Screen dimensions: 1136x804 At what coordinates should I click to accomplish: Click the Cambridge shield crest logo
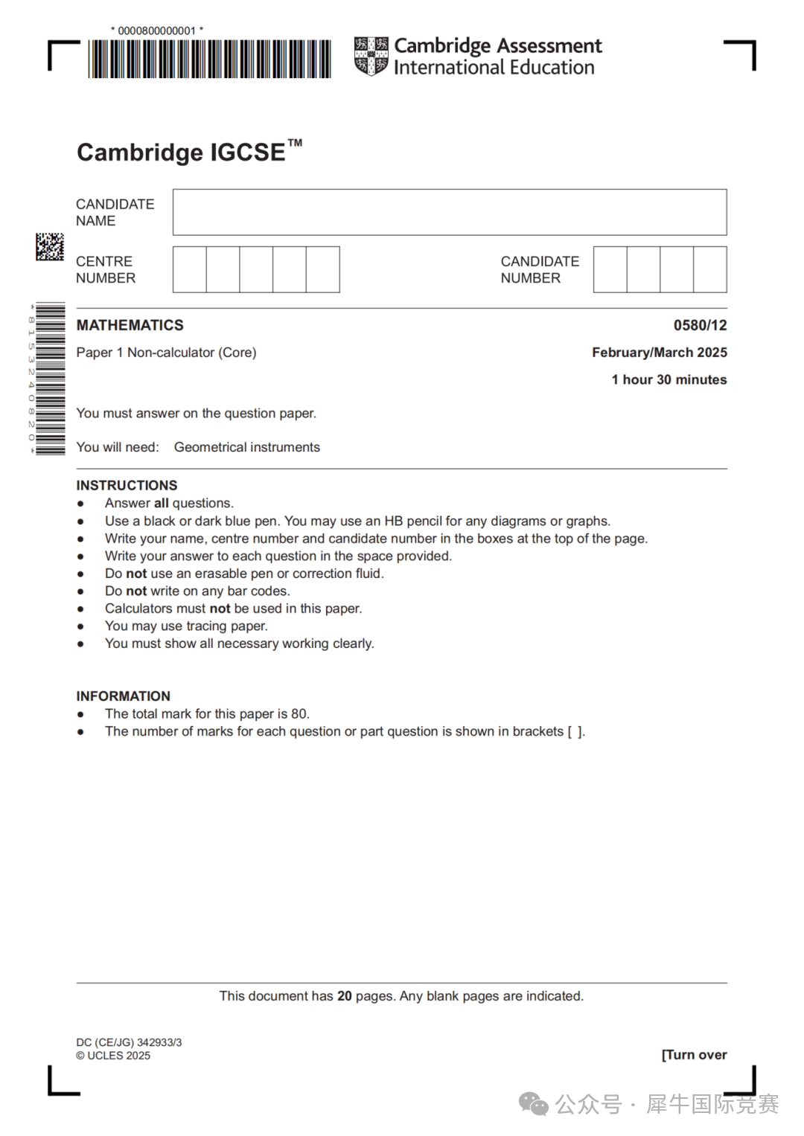click(371, 56)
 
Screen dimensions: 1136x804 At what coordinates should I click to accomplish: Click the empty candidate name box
click(450, 212)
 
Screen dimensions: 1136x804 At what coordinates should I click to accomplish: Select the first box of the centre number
click(190, 269)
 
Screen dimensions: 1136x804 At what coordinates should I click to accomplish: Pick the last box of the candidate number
click(709, 269)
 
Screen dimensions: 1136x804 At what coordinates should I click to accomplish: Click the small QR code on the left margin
click(50, 247)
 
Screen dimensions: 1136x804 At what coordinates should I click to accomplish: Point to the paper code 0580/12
click(700, 325)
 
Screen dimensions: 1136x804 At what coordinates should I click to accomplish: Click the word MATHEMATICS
click(130, 325)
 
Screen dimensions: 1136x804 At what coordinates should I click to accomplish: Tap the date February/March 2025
click(659, 353)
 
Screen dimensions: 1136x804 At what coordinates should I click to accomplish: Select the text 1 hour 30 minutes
click(669, 379)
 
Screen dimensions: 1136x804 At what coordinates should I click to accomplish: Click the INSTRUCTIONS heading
click(127, 485)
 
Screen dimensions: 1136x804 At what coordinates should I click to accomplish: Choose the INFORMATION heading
click(123, 696)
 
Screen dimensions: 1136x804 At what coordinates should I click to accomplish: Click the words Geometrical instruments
click(247, 447)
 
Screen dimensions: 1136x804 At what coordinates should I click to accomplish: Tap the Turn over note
click(694, 1055)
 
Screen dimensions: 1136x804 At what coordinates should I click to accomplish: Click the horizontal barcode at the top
click(209, 59)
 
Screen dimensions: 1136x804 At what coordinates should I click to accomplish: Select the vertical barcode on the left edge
click(50, 379)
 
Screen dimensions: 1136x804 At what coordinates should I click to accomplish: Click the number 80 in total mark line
click(299, 714)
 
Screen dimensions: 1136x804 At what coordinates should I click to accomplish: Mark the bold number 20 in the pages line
click(345, 996)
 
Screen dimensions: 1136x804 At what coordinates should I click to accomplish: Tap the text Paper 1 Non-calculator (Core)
click(166, 353)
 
